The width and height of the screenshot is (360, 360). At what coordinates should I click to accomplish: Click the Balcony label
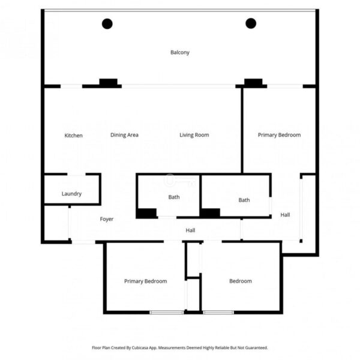180,52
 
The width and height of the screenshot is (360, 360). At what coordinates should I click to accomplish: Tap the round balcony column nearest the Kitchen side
107,23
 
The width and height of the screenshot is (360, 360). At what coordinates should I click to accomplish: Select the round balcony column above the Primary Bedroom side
251,23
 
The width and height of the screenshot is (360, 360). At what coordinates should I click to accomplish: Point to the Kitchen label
73,136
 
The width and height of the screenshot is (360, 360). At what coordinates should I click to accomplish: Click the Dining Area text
124,135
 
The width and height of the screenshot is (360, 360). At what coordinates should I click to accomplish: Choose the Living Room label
194,135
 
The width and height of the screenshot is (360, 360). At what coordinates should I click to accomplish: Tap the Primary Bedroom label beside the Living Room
279,135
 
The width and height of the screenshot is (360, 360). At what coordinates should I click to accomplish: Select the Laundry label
71,194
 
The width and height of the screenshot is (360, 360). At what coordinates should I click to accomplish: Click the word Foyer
107,219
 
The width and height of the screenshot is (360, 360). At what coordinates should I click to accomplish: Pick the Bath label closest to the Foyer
174,197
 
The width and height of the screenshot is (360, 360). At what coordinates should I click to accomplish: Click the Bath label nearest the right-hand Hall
244,200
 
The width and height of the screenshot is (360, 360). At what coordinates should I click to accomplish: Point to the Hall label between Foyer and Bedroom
190,230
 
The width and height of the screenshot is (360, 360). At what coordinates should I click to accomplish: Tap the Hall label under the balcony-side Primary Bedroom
285,215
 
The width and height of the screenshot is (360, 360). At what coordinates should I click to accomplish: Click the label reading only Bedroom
241,281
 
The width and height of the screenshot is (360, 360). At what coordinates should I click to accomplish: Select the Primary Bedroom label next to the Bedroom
146,281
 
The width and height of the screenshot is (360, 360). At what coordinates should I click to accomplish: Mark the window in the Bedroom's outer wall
218,312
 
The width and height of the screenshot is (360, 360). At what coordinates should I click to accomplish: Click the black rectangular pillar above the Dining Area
109,82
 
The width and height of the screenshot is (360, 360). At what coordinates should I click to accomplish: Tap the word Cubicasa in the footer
140,347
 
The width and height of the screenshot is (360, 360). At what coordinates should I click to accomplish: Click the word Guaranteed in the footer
256,347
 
